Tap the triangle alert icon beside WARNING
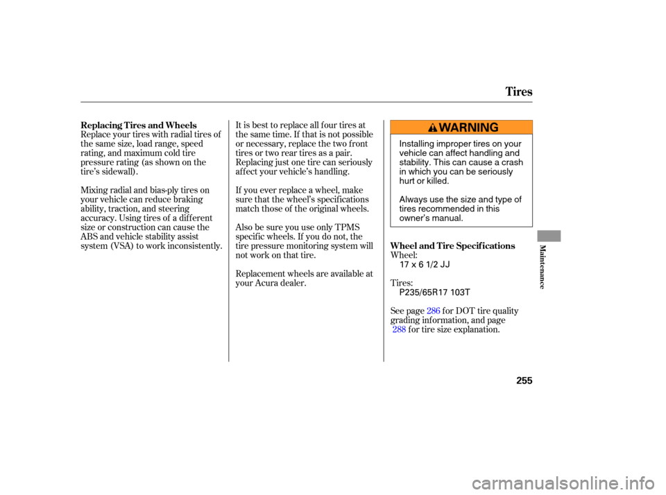[433, 128]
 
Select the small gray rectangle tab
[549, 236]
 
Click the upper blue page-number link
[434, 311]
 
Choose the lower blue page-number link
[399, 329]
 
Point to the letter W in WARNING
[445, 128]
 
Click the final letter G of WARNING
[493, 128]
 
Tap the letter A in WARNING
[454, 128]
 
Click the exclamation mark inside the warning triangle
[433, 128]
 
